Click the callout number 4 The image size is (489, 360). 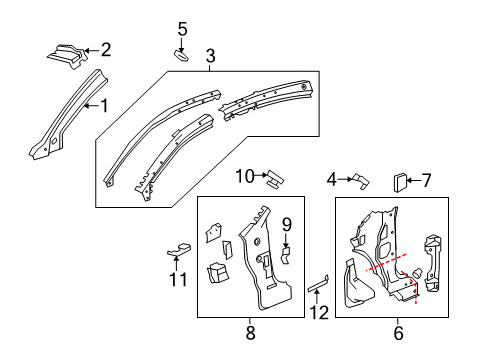[330, 180]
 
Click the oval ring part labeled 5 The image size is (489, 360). [182, 55]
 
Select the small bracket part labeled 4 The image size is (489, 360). [358, 180]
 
